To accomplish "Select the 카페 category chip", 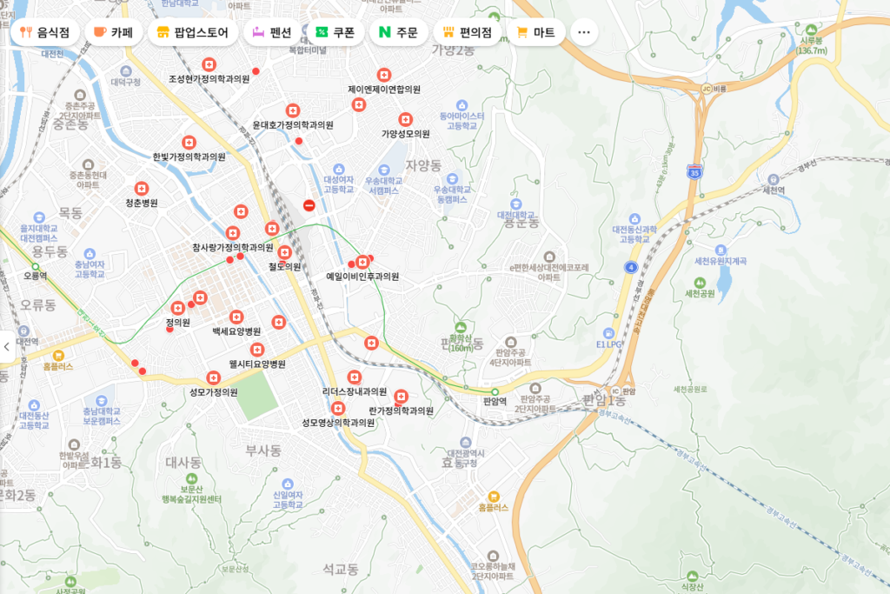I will (112, 33).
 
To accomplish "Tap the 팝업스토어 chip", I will (193, 33).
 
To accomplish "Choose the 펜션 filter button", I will (271, 33).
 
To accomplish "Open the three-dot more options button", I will (583, 33).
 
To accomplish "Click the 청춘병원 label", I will (142, 203).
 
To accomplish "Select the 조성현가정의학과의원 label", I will (209, 79).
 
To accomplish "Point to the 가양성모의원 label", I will (406, 134).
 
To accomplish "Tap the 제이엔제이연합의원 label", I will (384, 89).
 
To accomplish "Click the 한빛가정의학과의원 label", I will (189, 157).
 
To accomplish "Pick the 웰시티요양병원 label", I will (257, 364).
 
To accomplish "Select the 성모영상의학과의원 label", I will (338, 423).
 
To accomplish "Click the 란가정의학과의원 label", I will (401, 410).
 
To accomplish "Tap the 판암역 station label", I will (494, 402).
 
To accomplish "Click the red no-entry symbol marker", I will (309, 205).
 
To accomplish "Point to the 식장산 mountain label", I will (692, 587).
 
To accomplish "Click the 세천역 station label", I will (774, 190).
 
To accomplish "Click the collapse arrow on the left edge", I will (6, 346).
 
